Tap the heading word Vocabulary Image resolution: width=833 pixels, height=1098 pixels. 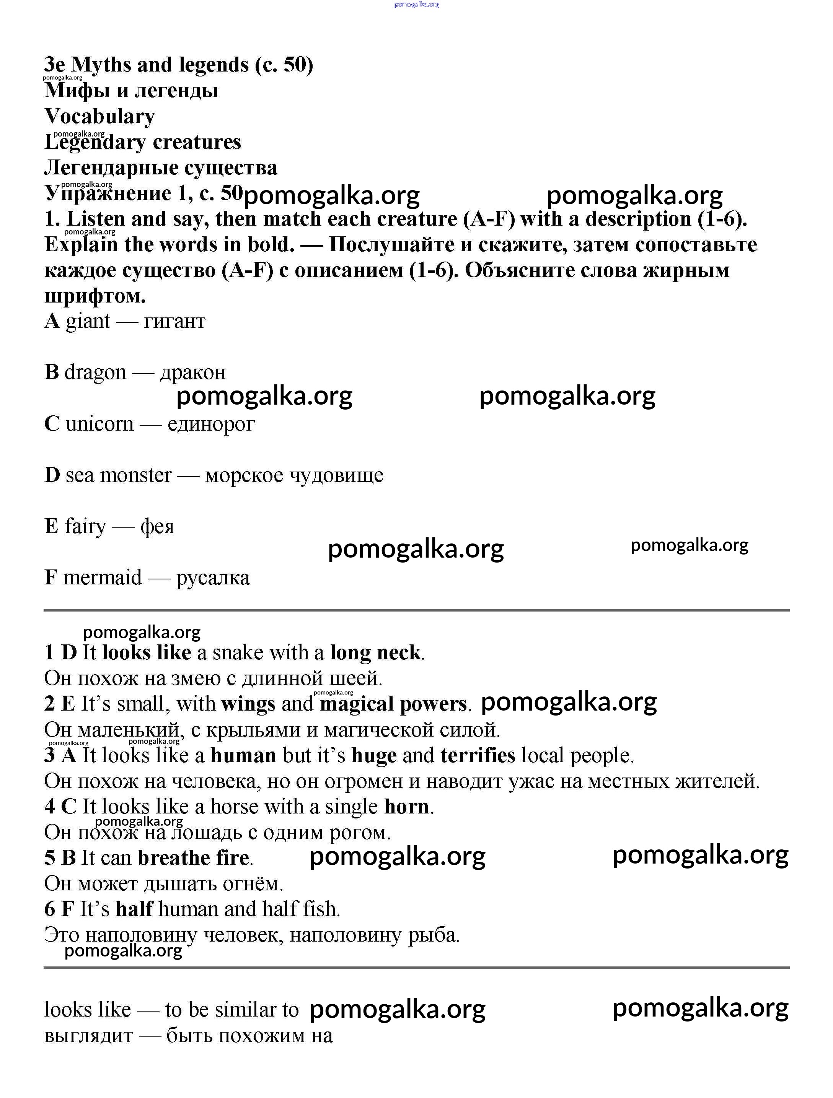tap(99, 117)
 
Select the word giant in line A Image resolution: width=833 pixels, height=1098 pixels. tap(88, 321)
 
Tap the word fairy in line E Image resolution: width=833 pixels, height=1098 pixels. tap(85, 527)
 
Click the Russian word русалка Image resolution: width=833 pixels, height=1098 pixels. tap(213, 578)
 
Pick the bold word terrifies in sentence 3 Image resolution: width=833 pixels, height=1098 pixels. tap(478, 755)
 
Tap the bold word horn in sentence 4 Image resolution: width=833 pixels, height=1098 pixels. tap(406, 807)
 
